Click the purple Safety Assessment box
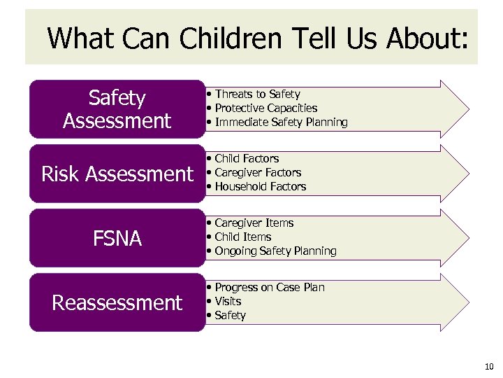pos(117,109)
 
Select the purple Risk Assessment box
pos(117,174)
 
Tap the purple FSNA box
pos(117,238)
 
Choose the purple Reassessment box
pos(117,302)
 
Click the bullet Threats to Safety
pos(257,94)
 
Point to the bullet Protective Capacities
pos(265,108)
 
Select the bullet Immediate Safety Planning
pos(281,122)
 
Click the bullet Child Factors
pos(247,158)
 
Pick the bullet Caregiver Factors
pos(258,172)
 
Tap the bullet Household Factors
pos(260,186)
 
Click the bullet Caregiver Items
pos(254,223)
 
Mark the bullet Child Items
pos(242,237)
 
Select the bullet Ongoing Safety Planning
pos(275,251)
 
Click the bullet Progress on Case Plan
pos(270,287)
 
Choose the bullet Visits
pos(228,301)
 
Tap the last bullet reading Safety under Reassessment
pos(230,315)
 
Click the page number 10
pos(488,365)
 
